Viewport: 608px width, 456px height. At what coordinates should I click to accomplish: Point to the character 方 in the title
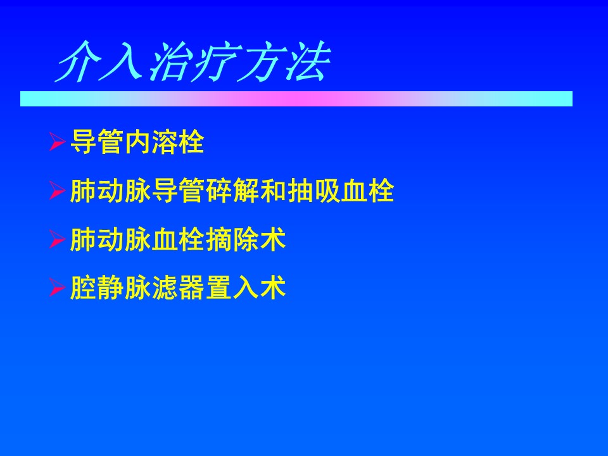262,61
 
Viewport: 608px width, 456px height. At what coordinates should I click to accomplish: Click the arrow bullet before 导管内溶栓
57,141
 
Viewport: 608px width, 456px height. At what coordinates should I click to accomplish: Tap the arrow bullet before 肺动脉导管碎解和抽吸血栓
57,191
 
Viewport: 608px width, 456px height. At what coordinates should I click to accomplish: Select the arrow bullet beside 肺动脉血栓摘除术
57,239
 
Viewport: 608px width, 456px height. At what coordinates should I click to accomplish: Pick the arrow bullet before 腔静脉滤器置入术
57,288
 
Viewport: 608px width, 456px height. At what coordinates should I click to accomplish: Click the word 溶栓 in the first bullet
178,142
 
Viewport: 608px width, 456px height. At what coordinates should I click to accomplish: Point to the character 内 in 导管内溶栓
137,142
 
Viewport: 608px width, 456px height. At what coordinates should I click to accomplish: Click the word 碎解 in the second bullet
232,191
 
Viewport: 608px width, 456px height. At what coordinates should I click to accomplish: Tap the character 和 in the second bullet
273,191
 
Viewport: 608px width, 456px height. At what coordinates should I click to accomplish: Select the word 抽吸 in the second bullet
313,191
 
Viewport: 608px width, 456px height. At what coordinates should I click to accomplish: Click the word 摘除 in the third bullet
232,239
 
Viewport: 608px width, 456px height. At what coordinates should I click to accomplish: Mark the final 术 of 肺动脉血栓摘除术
273,239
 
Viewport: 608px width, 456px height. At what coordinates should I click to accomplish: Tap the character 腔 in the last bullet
83,288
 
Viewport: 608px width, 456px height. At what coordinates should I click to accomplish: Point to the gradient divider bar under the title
296,99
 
